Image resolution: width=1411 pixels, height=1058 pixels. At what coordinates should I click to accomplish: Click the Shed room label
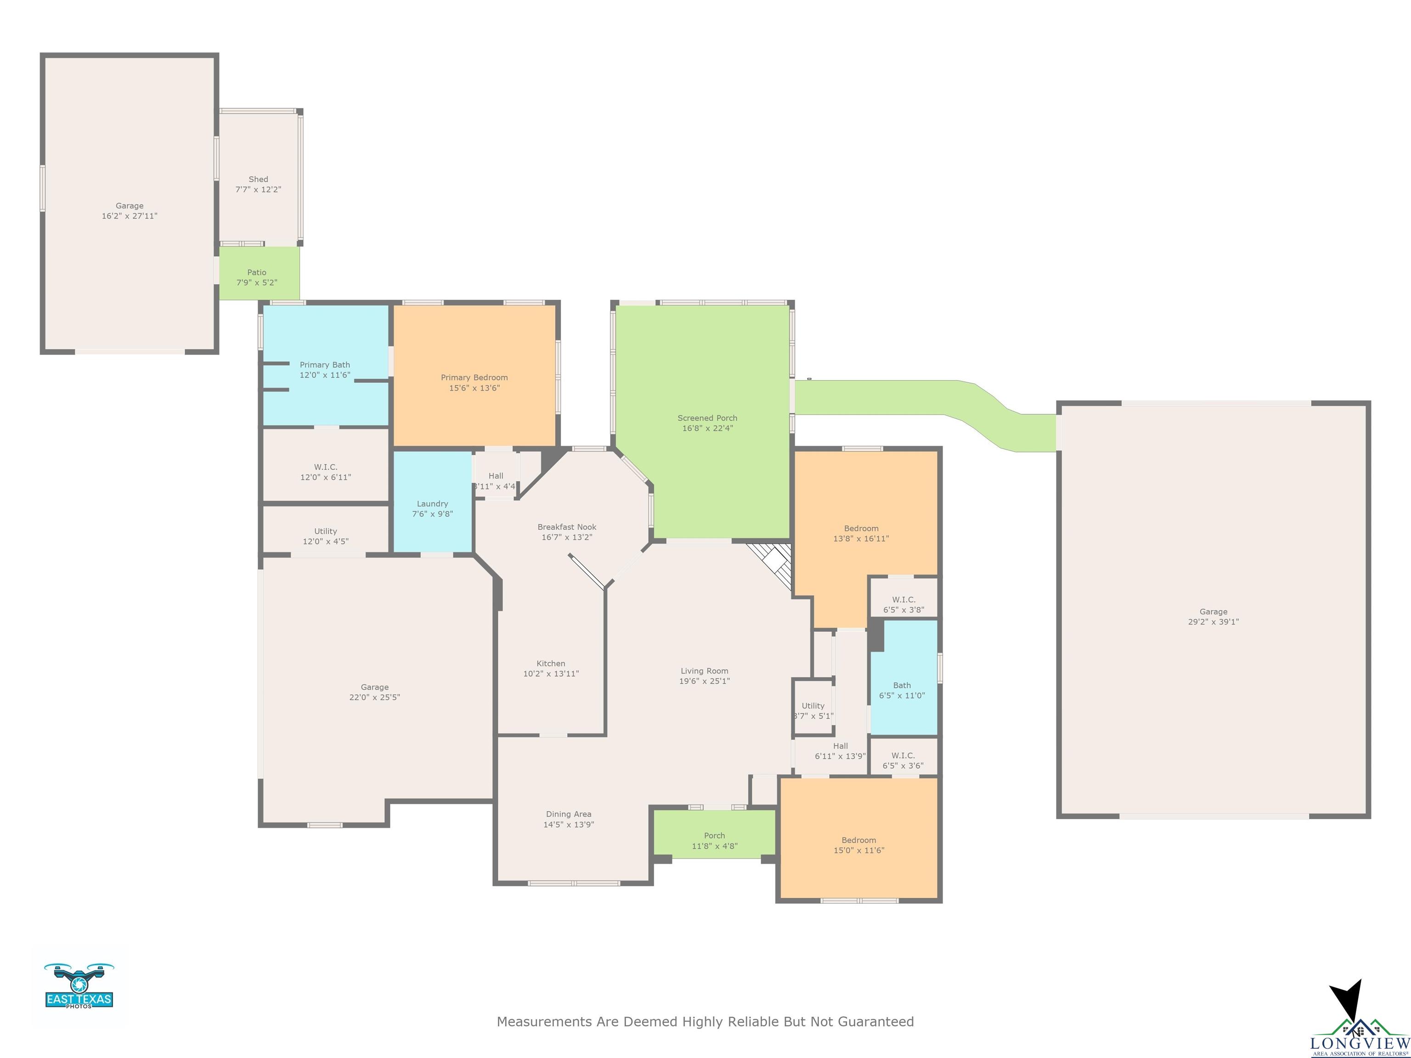(258, 179)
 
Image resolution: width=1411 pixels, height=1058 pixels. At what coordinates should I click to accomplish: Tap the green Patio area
(259, 273)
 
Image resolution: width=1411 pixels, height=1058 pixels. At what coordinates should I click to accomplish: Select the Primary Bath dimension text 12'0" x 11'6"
(325, 375)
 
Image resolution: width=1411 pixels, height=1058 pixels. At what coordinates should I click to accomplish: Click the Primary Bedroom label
(474, 377)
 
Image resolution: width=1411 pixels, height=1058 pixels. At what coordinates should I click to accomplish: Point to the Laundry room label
(433, 504)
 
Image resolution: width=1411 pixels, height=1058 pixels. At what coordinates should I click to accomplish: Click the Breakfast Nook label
(567, 527)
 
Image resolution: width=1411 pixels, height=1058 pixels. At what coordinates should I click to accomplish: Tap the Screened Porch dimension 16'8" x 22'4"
(707, 428)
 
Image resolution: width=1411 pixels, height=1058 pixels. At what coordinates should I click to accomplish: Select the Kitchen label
(551, 663)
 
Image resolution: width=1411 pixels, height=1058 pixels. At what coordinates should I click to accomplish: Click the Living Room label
(704, 671)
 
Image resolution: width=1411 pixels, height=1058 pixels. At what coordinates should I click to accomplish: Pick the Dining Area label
(568, 814)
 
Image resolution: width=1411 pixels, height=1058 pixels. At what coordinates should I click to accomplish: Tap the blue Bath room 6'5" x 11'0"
(904, 677)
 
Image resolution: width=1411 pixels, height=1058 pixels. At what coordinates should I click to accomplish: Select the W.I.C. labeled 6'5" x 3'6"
(903, 756)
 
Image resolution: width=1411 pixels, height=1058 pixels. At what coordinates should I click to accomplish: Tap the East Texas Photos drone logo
(79, 985)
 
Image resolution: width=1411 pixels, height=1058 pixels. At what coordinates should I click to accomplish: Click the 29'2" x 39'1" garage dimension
(1213, 622)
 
